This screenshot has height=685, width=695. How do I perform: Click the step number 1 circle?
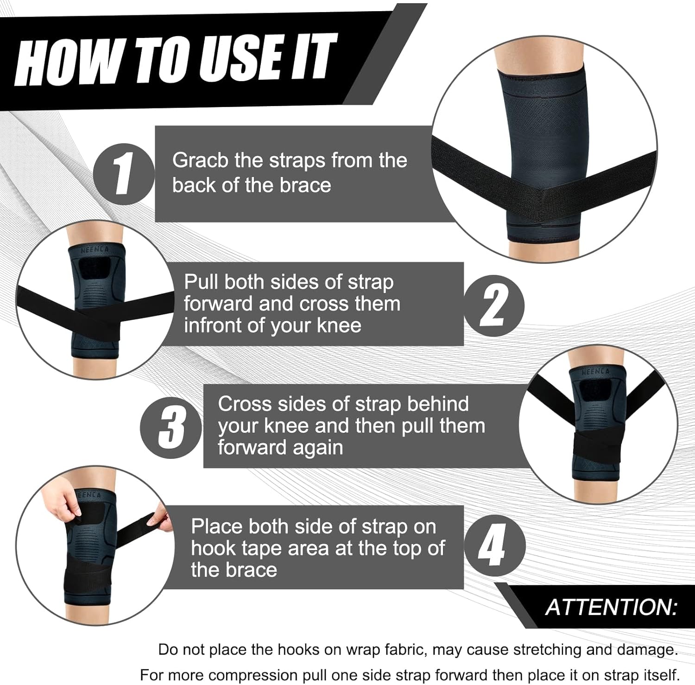tap(123, 174)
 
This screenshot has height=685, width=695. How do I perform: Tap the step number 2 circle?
tap(494, 306)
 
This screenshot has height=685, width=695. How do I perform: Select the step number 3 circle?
tap(171, 428)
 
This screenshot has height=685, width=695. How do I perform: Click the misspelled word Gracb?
tap(200, 161)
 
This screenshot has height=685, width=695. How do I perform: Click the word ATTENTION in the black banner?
tap(611, 607)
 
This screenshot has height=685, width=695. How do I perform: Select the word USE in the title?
tap(240, 58)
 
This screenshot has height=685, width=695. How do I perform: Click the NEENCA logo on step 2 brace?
tap(95, 250)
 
